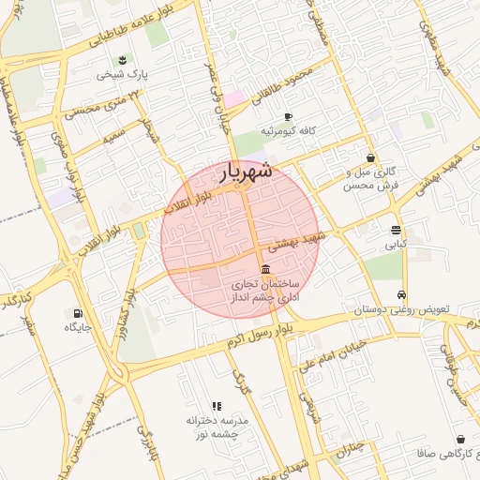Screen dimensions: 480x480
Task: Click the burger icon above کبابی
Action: pos(397,230)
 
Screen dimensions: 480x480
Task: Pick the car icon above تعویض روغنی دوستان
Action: pos(402,293)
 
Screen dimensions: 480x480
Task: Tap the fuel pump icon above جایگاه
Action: pos(76,313)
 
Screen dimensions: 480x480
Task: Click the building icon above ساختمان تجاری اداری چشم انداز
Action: pos(265,269)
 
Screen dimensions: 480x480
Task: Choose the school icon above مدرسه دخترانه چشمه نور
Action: pos(217,406)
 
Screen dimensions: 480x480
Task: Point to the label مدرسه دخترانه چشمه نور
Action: pos(216,427)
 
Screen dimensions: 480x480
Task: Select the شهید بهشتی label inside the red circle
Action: pos(294,244)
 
